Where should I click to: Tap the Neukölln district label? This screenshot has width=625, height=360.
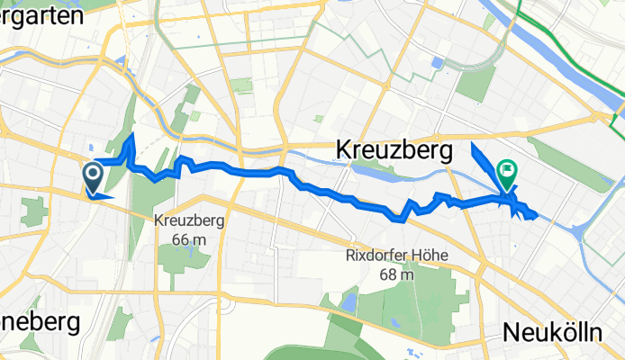[552, 331]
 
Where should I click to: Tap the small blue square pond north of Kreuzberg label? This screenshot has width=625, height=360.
[438, 64]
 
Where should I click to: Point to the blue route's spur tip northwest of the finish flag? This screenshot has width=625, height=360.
[473, 141]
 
